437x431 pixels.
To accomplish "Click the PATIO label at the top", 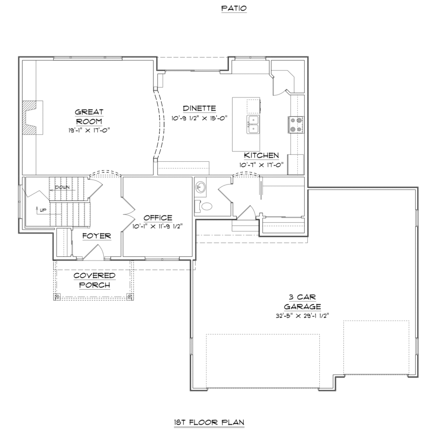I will [x=234, y=8].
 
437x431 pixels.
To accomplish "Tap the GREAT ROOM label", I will [x=89, y=116].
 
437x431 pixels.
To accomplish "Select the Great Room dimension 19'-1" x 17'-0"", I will [x=89, y=130].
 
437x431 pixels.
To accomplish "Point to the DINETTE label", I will [x=199, y=108].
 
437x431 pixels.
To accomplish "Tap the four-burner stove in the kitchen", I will [x=296, y=124].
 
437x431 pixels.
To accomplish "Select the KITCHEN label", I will [x=261, y=156].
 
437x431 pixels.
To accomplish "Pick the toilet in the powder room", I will [x=205, y=207].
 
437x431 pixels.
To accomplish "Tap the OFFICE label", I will [x=158, y=218].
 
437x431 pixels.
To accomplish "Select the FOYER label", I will [x=97, y=236].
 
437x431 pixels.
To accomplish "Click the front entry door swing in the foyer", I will [x=93, y=251].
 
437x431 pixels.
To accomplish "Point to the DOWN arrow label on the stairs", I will [x=62, y=187].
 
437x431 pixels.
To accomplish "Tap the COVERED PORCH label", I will [x=94, y=280].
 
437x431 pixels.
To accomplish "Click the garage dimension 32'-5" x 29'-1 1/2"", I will [x=303, y=316].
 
